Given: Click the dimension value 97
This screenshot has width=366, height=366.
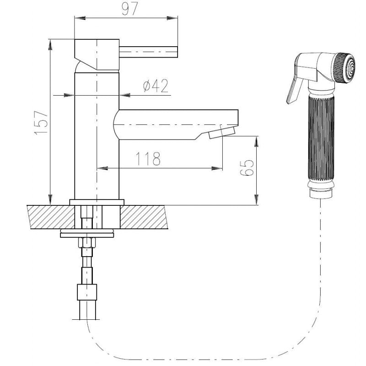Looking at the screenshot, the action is point(130,8).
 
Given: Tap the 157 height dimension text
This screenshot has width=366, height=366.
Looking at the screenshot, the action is point(41,123).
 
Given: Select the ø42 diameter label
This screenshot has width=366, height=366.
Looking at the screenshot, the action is point(156,86).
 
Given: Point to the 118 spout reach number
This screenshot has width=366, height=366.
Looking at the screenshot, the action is point(148,159).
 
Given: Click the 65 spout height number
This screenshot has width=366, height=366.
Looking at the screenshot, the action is point(247,167).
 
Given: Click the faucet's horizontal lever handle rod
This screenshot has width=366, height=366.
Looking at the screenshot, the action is point(148,52).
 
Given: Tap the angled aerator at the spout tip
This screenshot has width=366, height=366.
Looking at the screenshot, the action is point(222,133).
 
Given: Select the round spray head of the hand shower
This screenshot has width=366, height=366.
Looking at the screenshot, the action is point(344,68).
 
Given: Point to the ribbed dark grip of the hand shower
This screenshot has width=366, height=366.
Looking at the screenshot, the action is point(321,138).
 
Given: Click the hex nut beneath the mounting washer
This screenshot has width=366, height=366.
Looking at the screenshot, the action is point(87,242).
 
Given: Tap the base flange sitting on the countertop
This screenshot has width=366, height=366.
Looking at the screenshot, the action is point(97,202).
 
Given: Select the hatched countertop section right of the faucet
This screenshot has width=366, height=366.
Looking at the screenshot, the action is point(144,217).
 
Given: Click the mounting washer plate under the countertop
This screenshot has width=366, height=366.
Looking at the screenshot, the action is point(87,235).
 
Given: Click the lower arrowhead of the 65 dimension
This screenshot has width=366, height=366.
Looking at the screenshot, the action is point(257,199).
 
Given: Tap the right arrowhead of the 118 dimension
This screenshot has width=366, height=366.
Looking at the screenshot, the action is point(217,168).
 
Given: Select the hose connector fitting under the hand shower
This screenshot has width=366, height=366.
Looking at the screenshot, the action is point(321,193).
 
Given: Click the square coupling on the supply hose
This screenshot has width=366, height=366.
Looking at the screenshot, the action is point(87,292).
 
